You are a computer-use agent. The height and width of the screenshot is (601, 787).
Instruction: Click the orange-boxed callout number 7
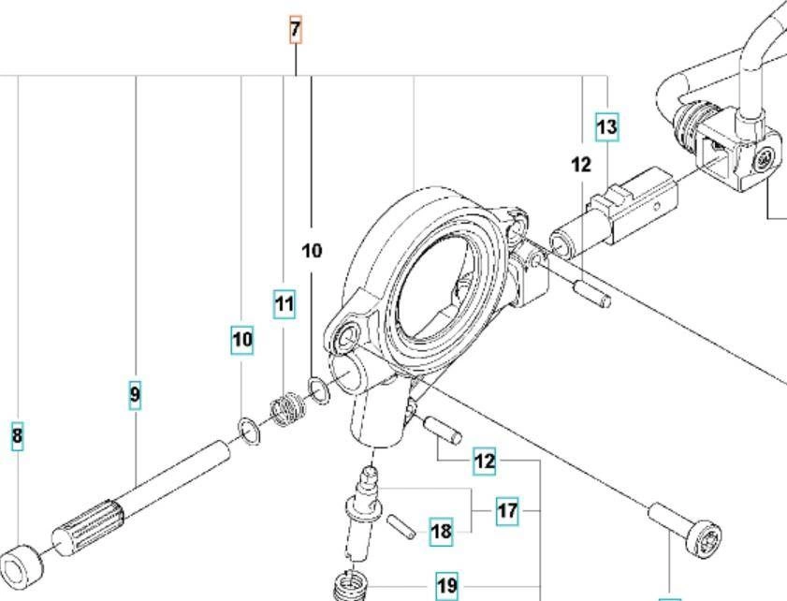point(295,31)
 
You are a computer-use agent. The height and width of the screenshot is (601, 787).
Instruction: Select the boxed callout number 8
point(17,436)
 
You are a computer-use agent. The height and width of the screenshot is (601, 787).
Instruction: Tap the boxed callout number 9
point(135,395)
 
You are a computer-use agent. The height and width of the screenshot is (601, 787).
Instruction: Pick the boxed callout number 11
point(284,304)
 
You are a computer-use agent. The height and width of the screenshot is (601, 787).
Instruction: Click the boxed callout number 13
point(607,125)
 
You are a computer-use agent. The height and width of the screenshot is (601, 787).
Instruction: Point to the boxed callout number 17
point(506,511)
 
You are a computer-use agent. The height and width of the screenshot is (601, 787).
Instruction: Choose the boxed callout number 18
point(441,533)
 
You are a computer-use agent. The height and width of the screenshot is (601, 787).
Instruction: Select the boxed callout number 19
point(447,586)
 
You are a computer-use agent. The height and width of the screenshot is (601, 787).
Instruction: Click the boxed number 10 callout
point(242,340)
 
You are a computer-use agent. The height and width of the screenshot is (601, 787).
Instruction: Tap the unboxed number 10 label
point(312,251)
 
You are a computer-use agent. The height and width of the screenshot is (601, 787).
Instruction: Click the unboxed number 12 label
point(581,165)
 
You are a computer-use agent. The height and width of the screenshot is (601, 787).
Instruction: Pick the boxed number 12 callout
point(484,461)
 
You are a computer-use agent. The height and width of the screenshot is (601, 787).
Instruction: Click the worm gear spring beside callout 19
point(350,584)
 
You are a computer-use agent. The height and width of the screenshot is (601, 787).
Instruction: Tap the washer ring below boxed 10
point(248,432)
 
